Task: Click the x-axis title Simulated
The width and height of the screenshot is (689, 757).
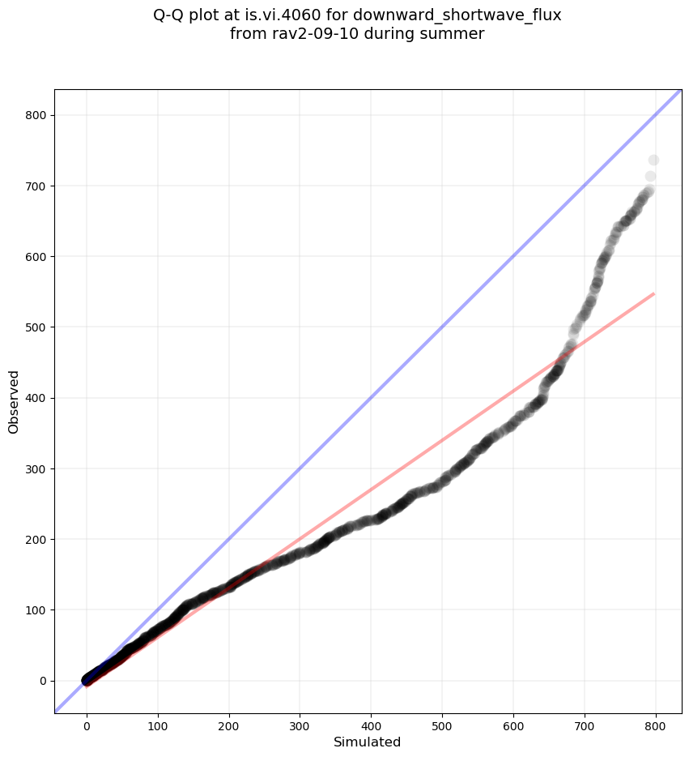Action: point(368,742)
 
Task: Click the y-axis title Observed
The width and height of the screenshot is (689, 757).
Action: point(14,401)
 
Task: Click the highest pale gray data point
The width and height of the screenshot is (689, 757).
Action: point(653,160)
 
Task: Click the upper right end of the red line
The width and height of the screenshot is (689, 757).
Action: point(653,293)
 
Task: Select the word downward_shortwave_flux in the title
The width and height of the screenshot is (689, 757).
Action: point(457,15)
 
